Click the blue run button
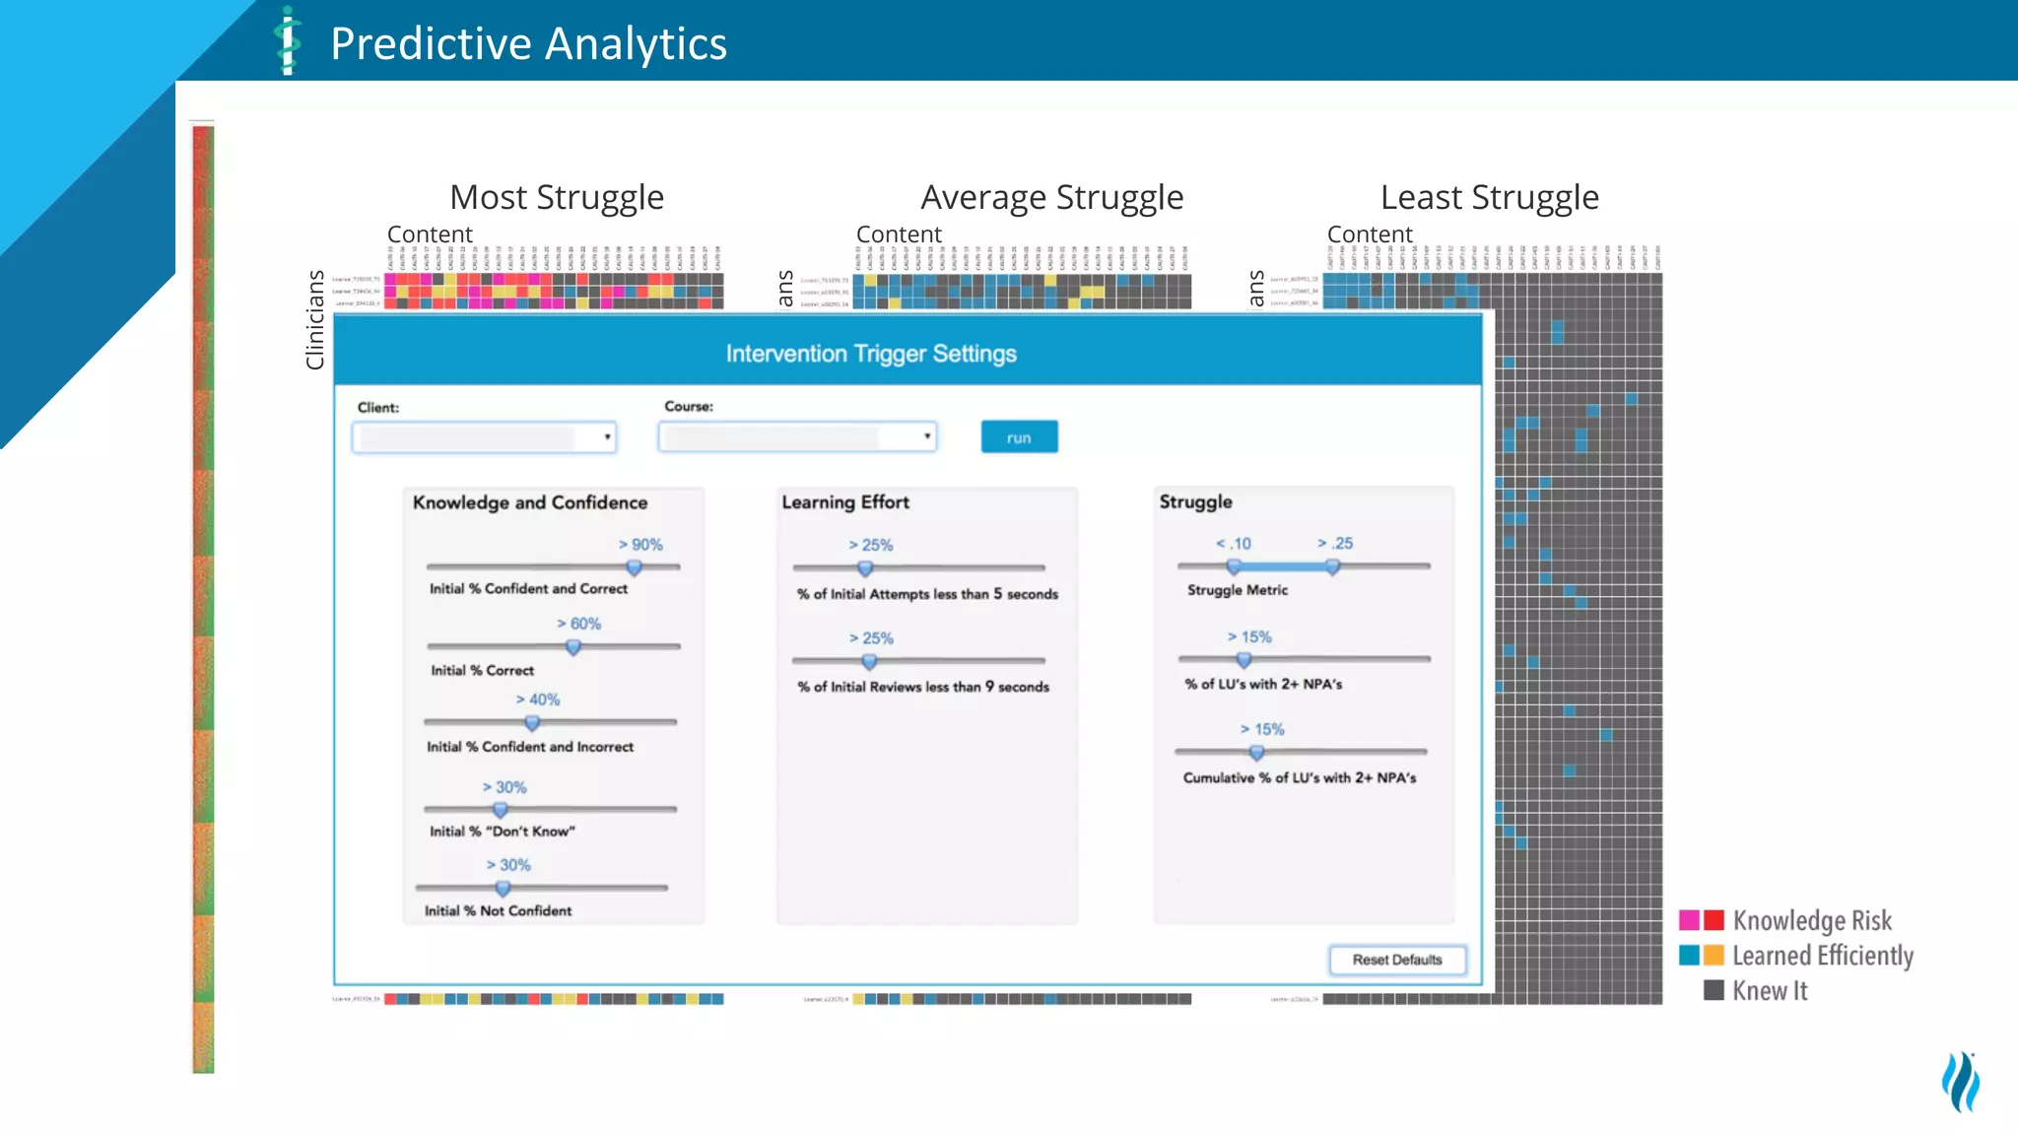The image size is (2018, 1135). coord(1019,437)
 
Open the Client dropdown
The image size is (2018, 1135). coord(484,437)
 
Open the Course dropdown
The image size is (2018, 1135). coord(797,436)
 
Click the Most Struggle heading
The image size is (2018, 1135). coord(557,197)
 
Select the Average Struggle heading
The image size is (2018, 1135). coord(1051,197)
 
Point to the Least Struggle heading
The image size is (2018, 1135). coord(1489,197)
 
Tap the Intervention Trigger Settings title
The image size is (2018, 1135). coord(871,354)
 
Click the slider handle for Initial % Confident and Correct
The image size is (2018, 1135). coord(635,567)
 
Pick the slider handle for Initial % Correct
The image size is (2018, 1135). coord(573,647)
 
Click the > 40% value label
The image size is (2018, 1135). coord(538,700)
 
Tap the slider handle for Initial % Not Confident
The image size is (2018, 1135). coord(503,888)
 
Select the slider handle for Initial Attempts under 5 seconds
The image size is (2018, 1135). coord(865,568)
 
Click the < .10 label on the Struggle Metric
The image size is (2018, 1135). coord(1233,544)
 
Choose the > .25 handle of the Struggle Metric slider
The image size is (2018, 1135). coord(1332,567)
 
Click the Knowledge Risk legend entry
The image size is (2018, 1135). coord(1811,920)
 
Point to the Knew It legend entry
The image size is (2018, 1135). coord(1769,991)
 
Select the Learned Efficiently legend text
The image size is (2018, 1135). coord(1822,956)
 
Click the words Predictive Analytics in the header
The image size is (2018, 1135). coord(528,43)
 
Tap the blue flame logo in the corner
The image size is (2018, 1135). coord(1960,1081)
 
